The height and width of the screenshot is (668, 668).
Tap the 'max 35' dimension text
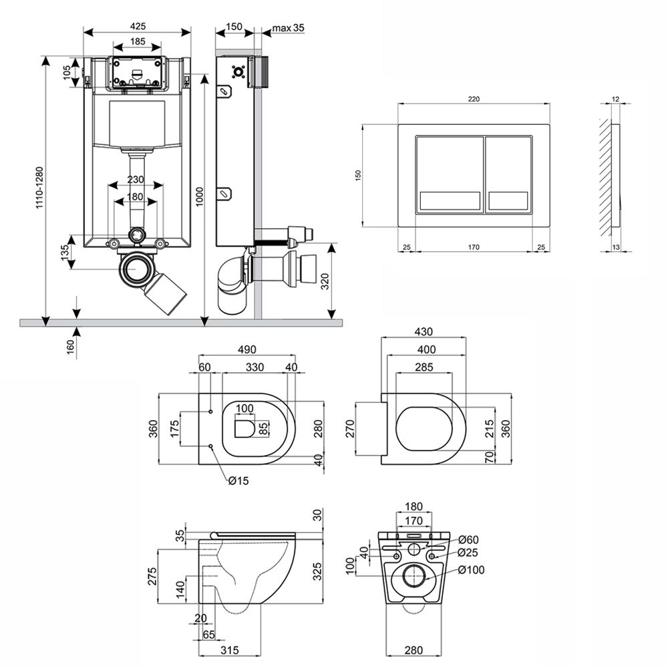pos(289,27)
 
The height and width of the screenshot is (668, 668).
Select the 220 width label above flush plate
pos(473,98)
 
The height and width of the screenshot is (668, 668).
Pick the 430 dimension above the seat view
pos(424,331)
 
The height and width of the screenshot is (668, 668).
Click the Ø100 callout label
pos(471,570)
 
